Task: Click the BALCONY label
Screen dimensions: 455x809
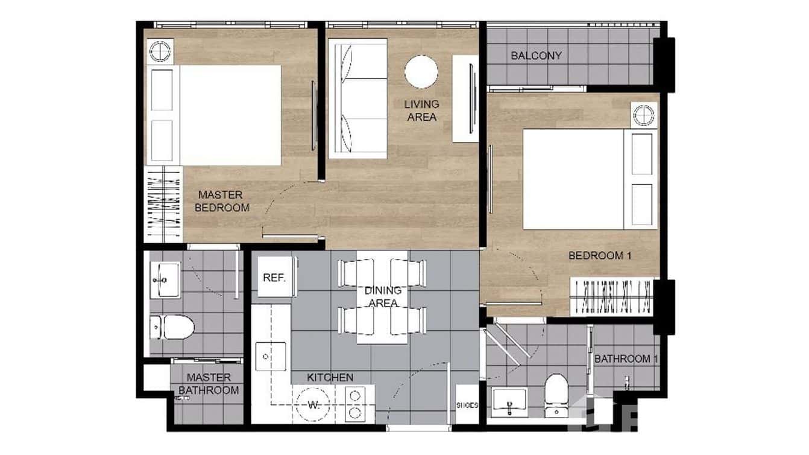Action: tap(536, 56)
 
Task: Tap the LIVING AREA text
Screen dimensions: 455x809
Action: tap(421, 110)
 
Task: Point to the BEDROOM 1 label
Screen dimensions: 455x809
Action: tap(599, 256)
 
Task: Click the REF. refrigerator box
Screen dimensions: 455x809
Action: tap(274, 278)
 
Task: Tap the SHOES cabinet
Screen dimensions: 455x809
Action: tap(467, 405)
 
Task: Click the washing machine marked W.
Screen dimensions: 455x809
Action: tap(313, 404)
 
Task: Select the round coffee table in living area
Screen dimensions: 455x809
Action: tap(421, 72)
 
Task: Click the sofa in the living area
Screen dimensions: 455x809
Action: tap(357, 98)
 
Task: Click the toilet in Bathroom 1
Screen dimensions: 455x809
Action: tap(555, 393)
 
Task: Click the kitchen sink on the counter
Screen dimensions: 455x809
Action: tap(271, 356)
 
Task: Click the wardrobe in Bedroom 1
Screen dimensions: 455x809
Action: tap(612, 296)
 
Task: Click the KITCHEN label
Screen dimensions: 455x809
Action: tap(330, 378)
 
